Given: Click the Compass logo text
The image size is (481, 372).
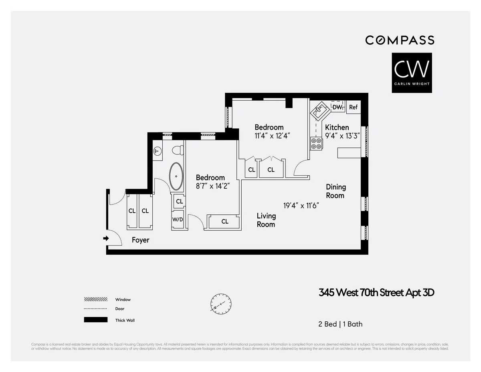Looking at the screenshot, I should click(400, 40).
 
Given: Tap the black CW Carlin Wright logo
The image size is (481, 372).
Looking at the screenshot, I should click(412, 73).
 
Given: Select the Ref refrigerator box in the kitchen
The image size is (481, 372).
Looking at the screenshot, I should click(353, 107).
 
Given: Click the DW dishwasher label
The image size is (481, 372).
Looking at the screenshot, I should click(337, 107).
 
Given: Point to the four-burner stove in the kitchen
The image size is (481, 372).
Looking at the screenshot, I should click(316, 143).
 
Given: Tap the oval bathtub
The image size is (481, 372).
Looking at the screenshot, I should click(176, 177).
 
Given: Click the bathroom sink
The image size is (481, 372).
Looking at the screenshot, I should click(158, 151).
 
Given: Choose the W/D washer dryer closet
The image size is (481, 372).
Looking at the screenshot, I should click(178, 220).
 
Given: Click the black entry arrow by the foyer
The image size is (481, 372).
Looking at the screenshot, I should click(106, 238).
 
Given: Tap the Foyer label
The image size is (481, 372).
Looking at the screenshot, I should click(140, 240).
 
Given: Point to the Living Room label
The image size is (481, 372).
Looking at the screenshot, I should click(266, 220).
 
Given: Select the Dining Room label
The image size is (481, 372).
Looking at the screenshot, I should click(335, 191).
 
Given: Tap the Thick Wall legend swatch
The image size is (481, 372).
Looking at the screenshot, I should click(96, 320).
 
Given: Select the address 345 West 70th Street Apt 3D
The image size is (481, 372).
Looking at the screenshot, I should click(376, 293).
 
